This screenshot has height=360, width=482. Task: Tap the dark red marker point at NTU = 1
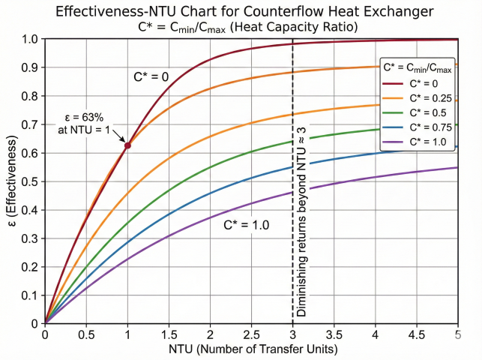(127, 145)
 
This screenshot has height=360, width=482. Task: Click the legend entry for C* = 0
(415, 85)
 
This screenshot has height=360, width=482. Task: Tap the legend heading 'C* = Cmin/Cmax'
(416, 69)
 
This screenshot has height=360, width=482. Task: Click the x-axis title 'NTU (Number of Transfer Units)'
(252, 350)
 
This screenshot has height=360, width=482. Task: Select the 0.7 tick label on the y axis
(30, 124)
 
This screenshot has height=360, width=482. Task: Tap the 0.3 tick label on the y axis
(30, 238)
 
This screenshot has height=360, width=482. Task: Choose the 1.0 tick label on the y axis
(30, 39)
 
